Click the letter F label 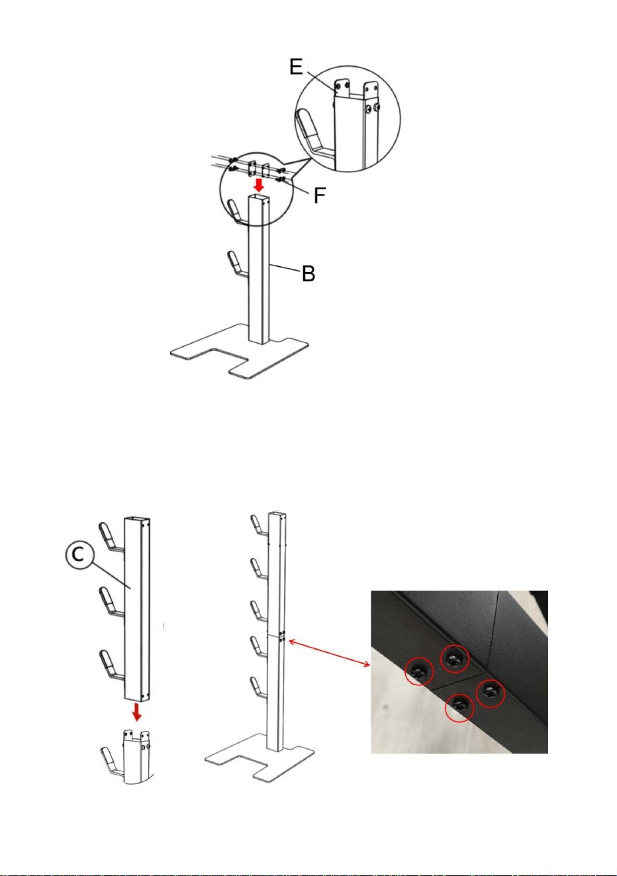(320, 195)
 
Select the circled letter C (79, 556)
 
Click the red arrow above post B (258, 184)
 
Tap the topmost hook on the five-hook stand (258, 525)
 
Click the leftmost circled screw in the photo (419, 671)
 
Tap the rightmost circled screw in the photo (490, 693)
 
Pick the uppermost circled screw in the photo (455, 659)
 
